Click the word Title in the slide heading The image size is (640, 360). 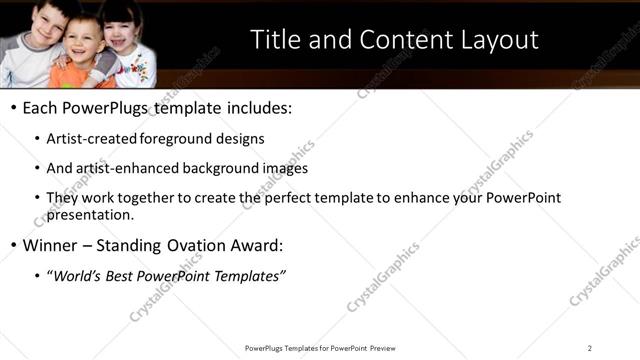point(271,40)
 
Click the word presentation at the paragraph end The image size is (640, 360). point(90,214)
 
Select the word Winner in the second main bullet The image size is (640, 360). point(50,245)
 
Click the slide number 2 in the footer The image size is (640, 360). point(590,348)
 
